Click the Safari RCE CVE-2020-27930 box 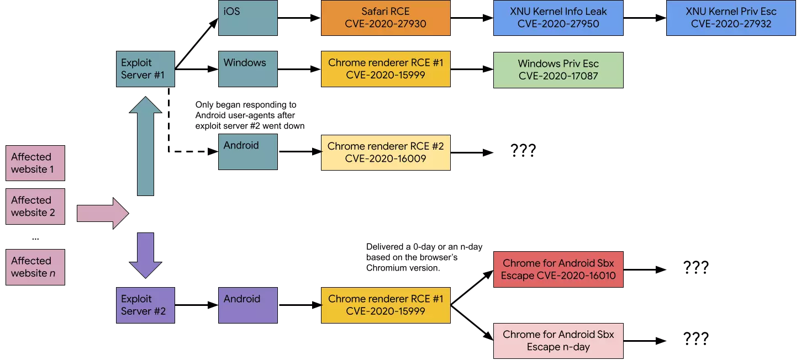386,18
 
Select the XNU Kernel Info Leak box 558,18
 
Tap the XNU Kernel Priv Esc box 731,18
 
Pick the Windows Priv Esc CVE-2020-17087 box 558,70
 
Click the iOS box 248,18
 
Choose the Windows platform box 248,69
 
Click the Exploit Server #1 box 145,69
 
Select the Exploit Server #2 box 145,305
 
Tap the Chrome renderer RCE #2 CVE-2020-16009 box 386,152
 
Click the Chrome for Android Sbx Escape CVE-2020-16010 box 558,269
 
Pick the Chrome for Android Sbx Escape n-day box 558,341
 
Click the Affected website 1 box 35,163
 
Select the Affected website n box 35,267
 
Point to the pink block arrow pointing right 103,214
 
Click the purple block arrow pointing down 145,256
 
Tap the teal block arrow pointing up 145,146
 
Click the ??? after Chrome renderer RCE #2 523,151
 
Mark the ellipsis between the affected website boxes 35,239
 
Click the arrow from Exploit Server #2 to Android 197,305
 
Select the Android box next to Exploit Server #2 248,305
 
